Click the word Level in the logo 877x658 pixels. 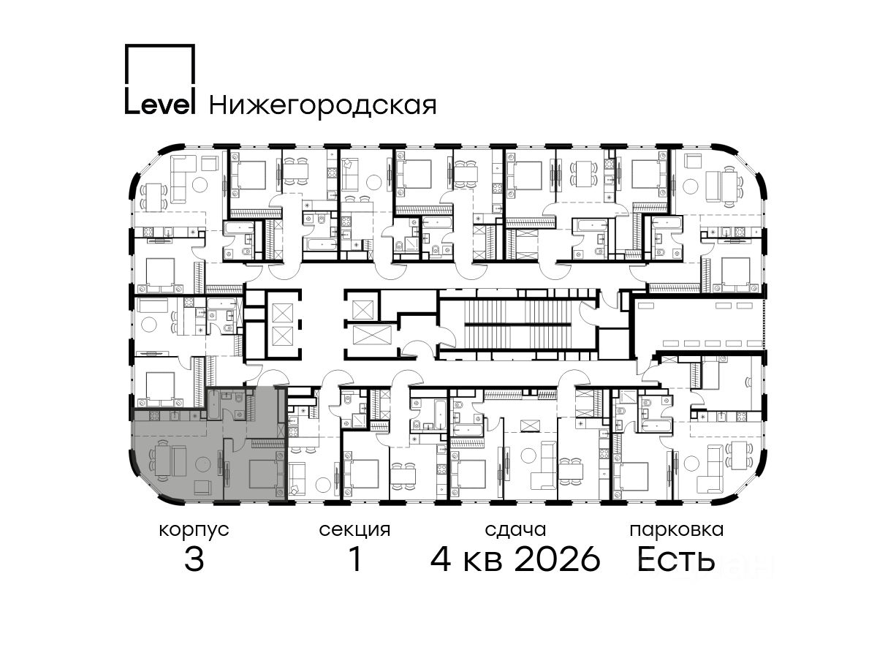tap(160, 105)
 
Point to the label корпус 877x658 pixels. tap(194, 531)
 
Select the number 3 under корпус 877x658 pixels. tap(194, 559)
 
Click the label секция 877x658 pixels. tap(354, 530)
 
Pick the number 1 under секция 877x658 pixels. tap(355, 559)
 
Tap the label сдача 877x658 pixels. tap(515, 530)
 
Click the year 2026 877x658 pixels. tap(558, 559)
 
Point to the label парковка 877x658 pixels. tap(677, 530)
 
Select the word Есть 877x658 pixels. tap(675, 559)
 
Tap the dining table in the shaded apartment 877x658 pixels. tap(163, 460)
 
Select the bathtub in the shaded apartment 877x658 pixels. tap(213, 405)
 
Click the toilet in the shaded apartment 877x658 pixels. tap(239, 398)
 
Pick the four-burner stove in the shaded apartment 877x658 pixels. tap(154, 416)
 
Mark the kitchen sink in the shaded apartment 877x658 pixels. tap(175, 416)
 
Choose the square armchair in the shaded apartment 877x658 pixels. tap(202, 487)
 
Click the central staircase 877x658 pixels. tap(519, 324)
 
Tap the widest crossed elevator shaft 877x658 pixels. tap(372, 335)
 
